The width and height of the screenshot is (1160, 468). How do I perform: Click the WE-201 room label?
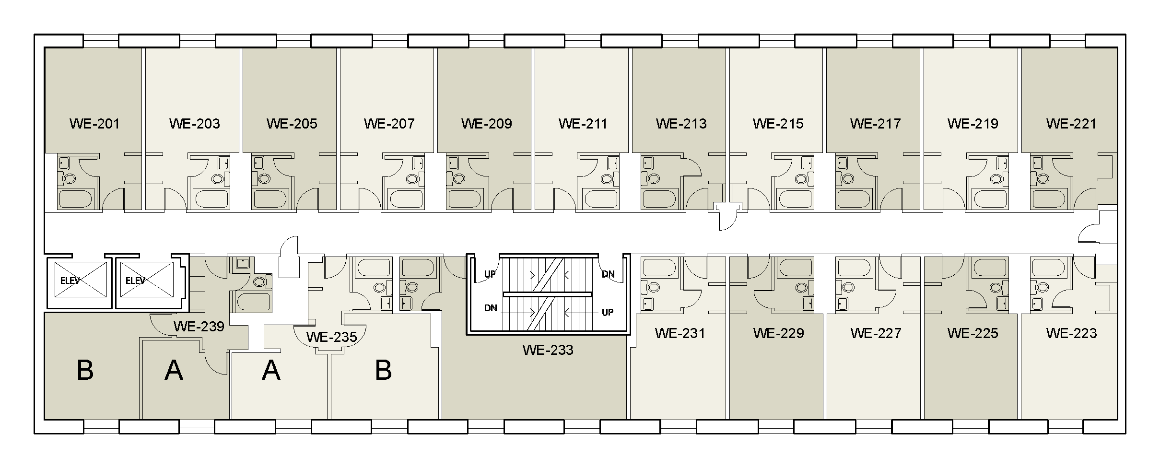click(94, 124)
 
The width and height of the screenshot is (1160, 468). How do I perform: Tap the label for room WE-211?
click(583, 124)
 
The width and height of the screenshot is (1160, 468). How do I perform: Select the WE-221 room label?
click(1071, 124)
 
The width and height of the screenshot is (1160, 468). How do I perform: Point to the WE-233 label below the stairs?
click(548, 350)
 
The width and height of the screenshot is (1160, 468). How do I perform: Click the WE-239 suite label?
click(199, 327)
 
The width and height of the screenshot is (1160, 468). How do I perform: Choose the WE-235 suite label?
click(331, 337)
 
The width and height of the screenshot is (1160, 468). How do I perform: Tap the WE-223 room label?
click(1071, 333)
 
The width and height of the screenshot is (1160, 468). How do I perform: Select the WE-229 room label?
click(778, 333)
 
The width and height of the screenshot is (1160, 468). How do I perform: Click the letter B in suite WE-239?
click(85, 371)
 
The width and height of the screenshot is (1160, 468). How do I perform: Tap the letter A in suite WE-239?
click(174, 371)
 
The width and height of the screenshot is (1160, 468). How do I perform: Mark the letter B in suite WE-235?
click(383, 370)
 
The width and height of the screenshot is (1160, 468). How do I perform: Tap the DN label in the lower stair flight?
click(491, 308)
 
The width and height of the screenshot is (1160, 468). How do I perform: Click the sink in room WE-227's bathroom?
click(843, 303)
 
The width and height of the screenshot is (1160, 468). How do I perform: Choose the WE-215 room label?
click(778, 124)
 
